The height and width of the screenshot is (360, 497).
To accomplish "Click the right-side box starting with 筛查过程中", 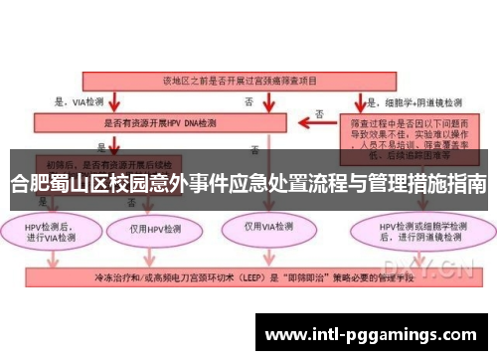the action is pyautogui.click(x=412, y=136).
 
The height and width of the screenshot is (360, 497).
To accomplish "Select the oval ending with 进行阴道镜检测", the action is pyautogui.click(x=413, y=231).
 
